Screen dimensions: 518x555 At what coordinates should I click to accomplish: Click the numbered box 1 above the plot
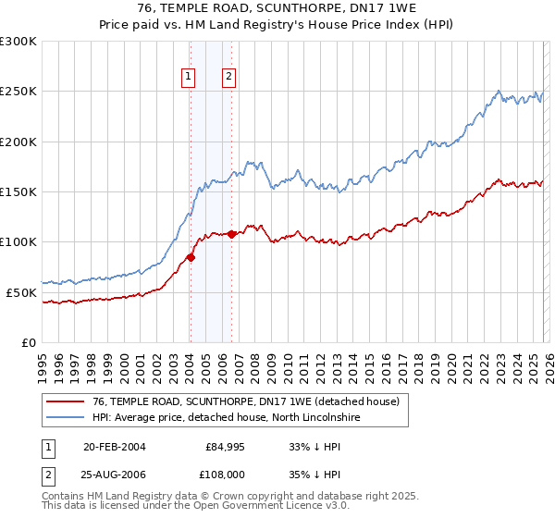click(189, 78)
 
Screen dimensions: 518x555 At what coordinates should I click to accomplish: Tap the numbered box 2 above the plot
click(228, 78)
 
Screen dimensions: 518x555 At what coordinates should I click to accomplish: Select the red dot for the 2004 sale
click(191, 257)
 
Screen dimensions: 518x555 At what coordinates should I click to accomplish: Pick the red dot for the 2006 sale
click(231, 234)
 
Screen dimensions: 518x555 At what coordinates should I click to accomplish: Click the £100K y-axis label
click(18, 241)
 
